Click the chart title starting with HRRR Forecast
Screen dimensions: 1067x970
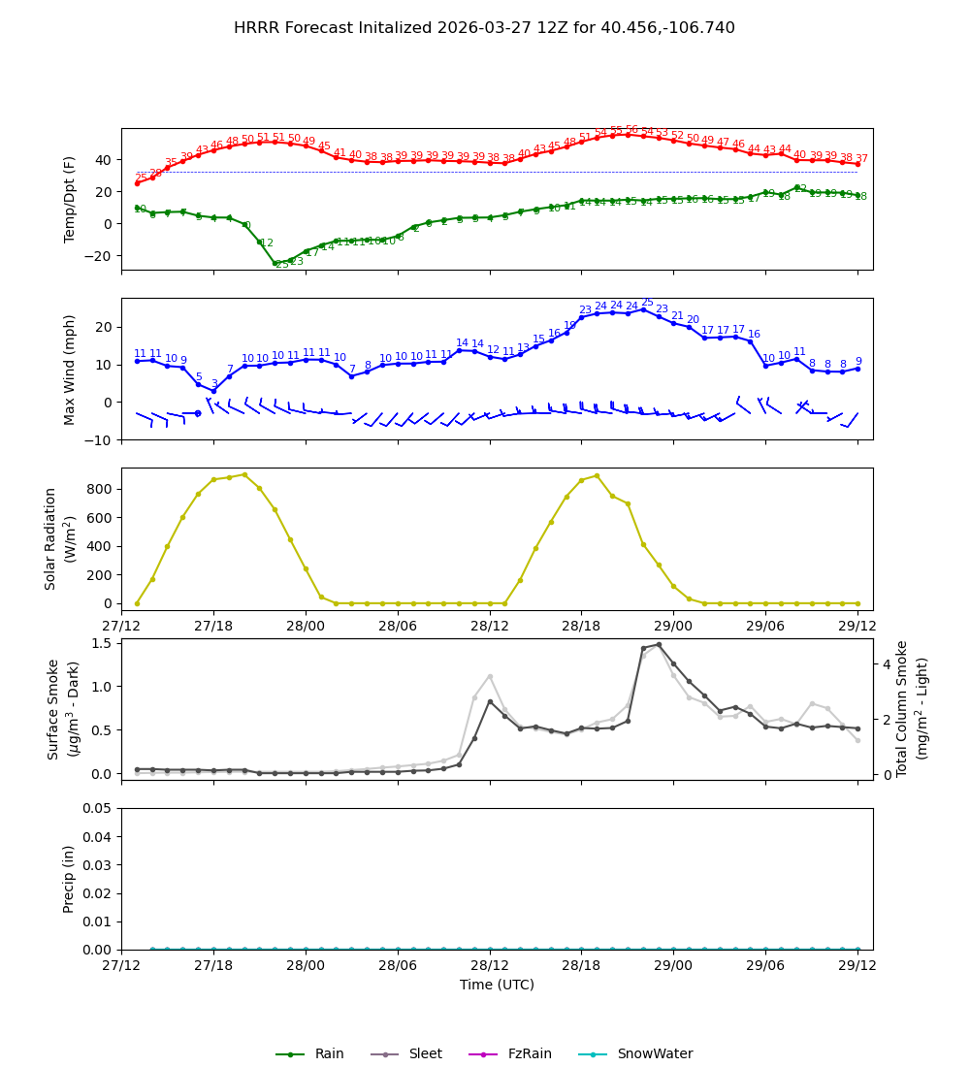point(484,28)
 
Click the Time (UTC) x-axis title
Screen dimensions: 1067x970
point(497,985)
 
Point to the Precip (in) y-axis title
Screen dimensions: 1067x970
point(69,879)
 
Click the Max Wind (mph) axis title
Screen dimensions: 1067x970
point(69,369)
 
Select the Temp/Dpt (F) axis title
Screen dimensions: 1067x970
point(69,199)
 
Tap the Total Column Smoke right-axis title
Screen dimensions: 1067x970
point(912,708)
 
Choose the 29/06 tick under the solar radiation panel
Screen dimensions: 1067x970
point(765,626)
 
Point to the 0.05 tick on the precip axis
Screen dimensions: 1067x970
point(100,808)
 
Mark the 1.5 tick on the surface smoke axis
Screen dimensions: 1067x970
point(100,643)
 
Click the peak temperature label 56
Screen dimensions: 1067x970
point(631,129)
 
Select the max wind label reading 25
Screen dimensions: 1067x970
point(647,303)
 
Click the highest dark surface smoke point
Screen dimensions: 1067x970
point(659,644)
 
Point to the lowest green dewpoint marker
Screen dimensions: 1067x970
point(275,263)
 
